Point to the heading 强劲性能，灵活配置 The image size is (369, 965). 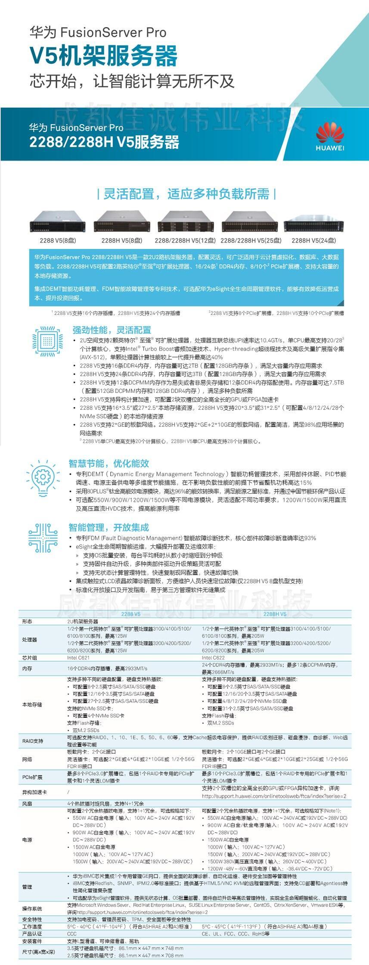112,330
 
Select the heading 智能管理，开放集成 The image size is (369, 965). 109,527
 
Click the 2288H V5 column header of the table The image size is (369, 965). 275,614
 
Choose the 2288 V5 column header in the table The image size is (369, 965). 130,614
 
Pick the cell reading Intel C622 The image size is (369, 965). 213,658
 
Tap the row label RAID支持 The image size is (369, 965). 33,741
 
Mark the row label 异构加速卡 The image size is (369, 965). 34,792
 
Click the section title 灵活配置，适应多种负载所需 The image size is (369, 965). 186,194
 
